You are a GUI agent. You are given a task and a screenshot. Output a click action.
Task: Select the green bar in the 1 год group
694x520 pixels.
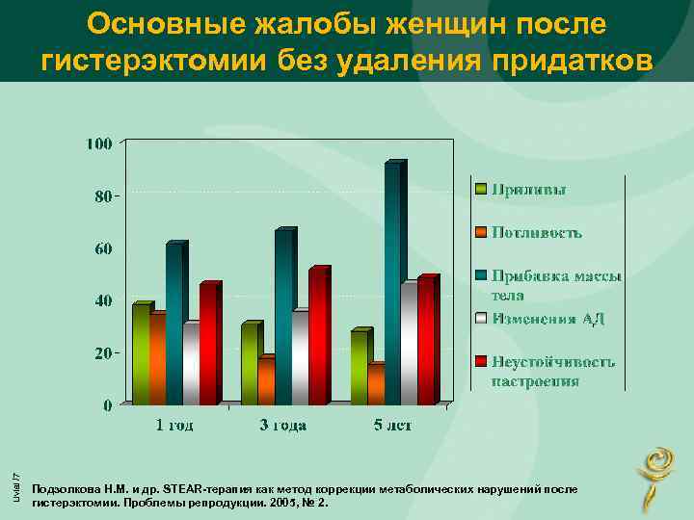(141, 353)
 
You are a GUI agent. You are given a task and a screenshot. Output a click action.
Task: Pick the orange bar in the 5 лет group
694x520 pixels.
(375, 384)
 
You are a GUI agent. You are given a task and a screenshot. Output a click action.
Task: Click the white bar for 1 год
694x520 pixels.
(191, 364)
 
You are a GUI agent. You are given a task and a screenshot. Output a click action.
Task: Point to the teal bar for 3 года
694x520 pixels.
(282, 317)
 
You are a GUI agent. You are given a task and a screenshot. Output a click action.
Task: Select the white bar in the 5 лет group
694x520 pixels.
(409, 344)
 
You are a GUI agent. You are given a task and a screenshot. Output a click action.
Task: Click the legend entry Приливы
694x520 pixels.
(529, 189)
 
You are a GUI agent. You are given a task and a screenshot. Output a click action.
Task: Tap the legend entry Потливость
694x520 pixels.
(537, 232)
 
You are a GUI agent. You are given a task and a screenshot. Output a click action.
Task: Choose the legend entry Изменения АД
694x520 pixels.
(547, 318)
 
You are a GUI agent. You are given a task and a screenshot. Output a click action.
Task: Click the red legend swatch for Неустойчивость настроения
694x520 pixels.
(480, 362)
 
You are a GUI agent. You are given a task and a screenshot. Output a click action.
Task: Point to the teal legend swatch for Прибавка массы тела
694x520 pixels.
(480, 276)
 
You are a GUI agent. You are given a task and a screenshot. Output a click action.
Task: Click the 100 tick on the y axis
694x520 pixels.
(99, 143)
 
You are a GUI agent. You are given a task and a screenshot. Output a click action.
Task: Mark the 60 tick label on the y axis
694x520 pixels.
(103, 248)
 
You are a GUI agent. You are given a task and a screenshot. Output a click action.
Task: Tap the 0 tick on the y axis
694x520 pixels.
(107, 404)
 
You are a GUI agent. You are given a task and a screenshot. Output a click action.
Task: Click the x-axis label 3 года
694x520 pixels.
(281, 426)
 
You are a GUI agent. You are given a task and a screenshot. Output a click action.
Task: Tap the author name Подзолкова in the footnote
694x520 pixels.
(62, 489)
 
